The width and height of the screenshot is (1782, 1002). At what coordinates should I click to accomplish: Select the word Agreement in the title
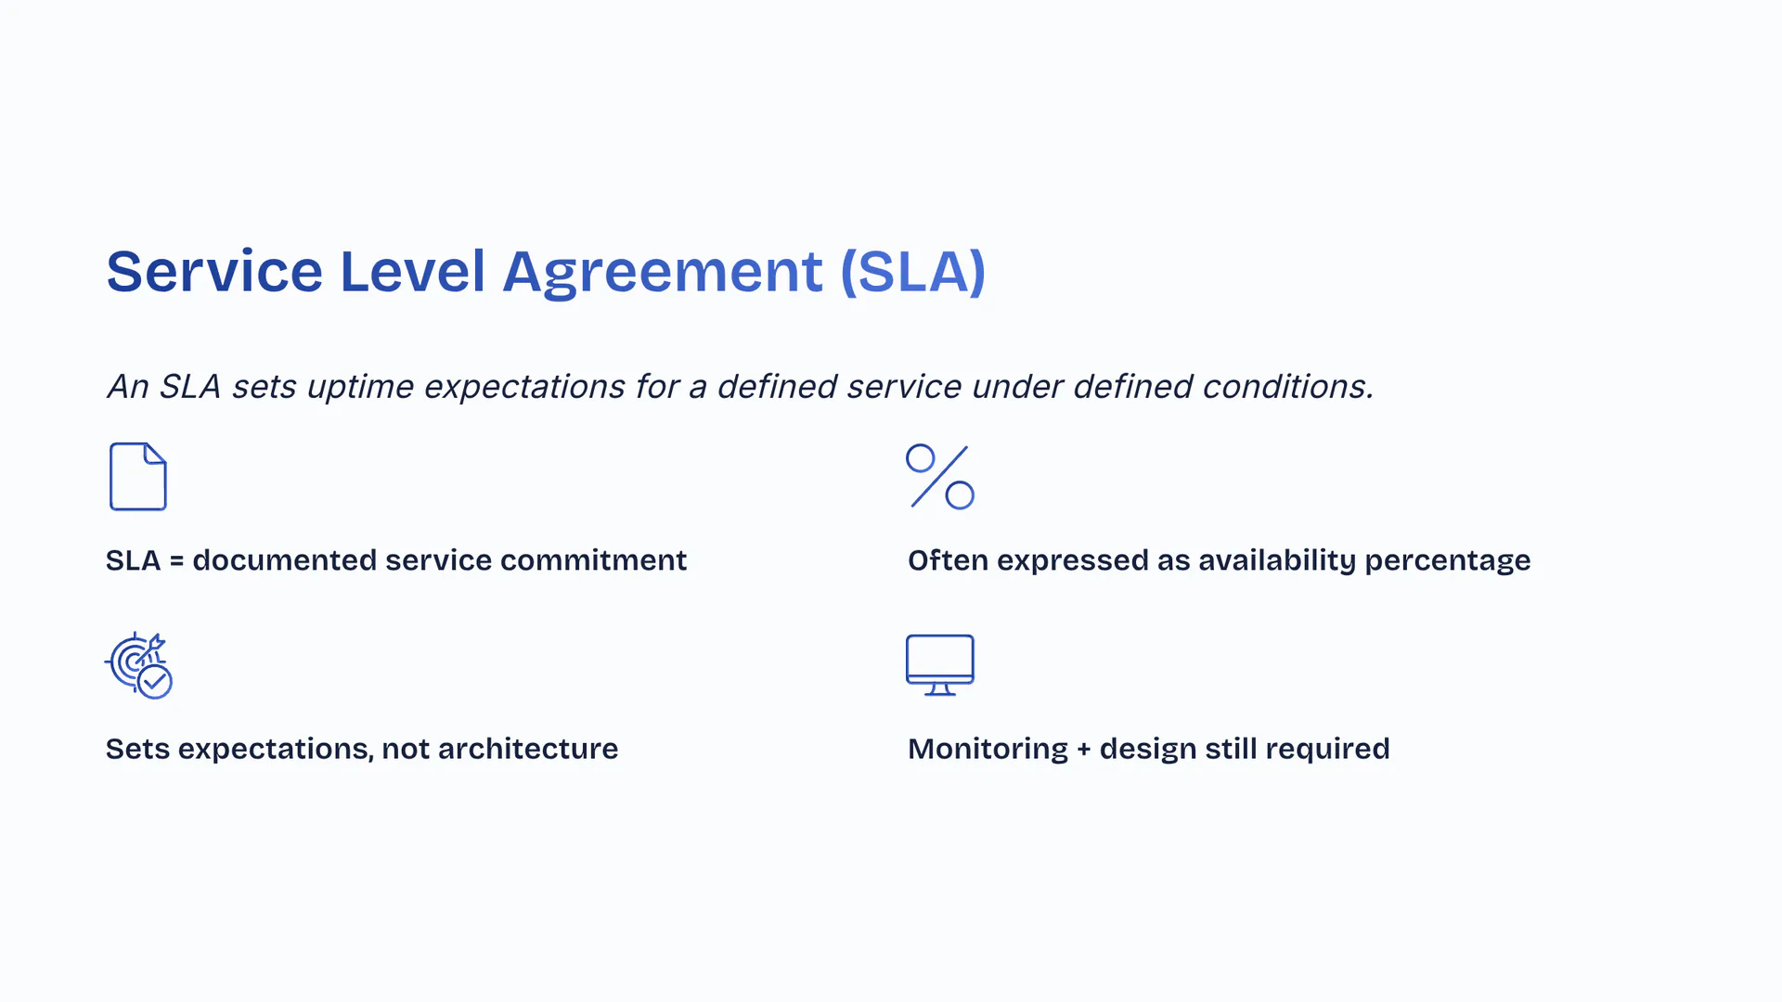663,273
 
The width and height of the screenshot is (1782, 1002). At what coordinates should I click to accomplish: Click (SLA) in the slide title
912,272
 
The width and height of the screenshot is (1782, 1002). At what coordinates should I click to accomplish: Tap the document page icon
138,477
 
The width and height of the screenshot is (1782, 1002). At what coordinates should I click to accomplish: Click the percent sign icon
940,477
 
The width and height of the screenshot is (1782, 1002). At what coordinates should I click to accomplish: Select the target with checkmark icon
138,665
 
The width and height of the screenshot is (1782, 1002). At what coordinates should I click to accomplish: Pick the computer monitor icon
940,665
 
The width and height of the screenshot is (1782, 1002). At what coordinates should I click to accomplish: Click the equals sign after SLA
176,561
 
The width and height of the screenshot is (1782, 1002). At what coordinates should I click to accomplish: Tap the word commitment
594,560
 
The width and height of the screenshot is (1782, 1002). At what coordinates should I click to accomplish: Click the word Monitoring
988,750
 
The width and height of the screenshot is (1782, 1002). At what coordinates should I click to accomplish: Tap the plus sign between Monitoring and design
1084,750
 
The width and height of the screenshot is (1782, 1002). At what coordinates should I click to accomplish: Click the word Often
949,560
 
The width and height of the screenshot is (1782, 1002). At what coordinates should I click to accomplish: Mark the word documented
285,560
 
